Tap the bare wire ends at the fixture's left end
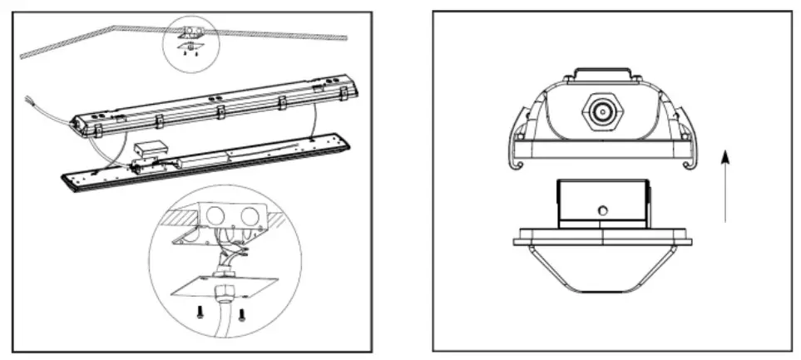[x=32, y=106]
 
